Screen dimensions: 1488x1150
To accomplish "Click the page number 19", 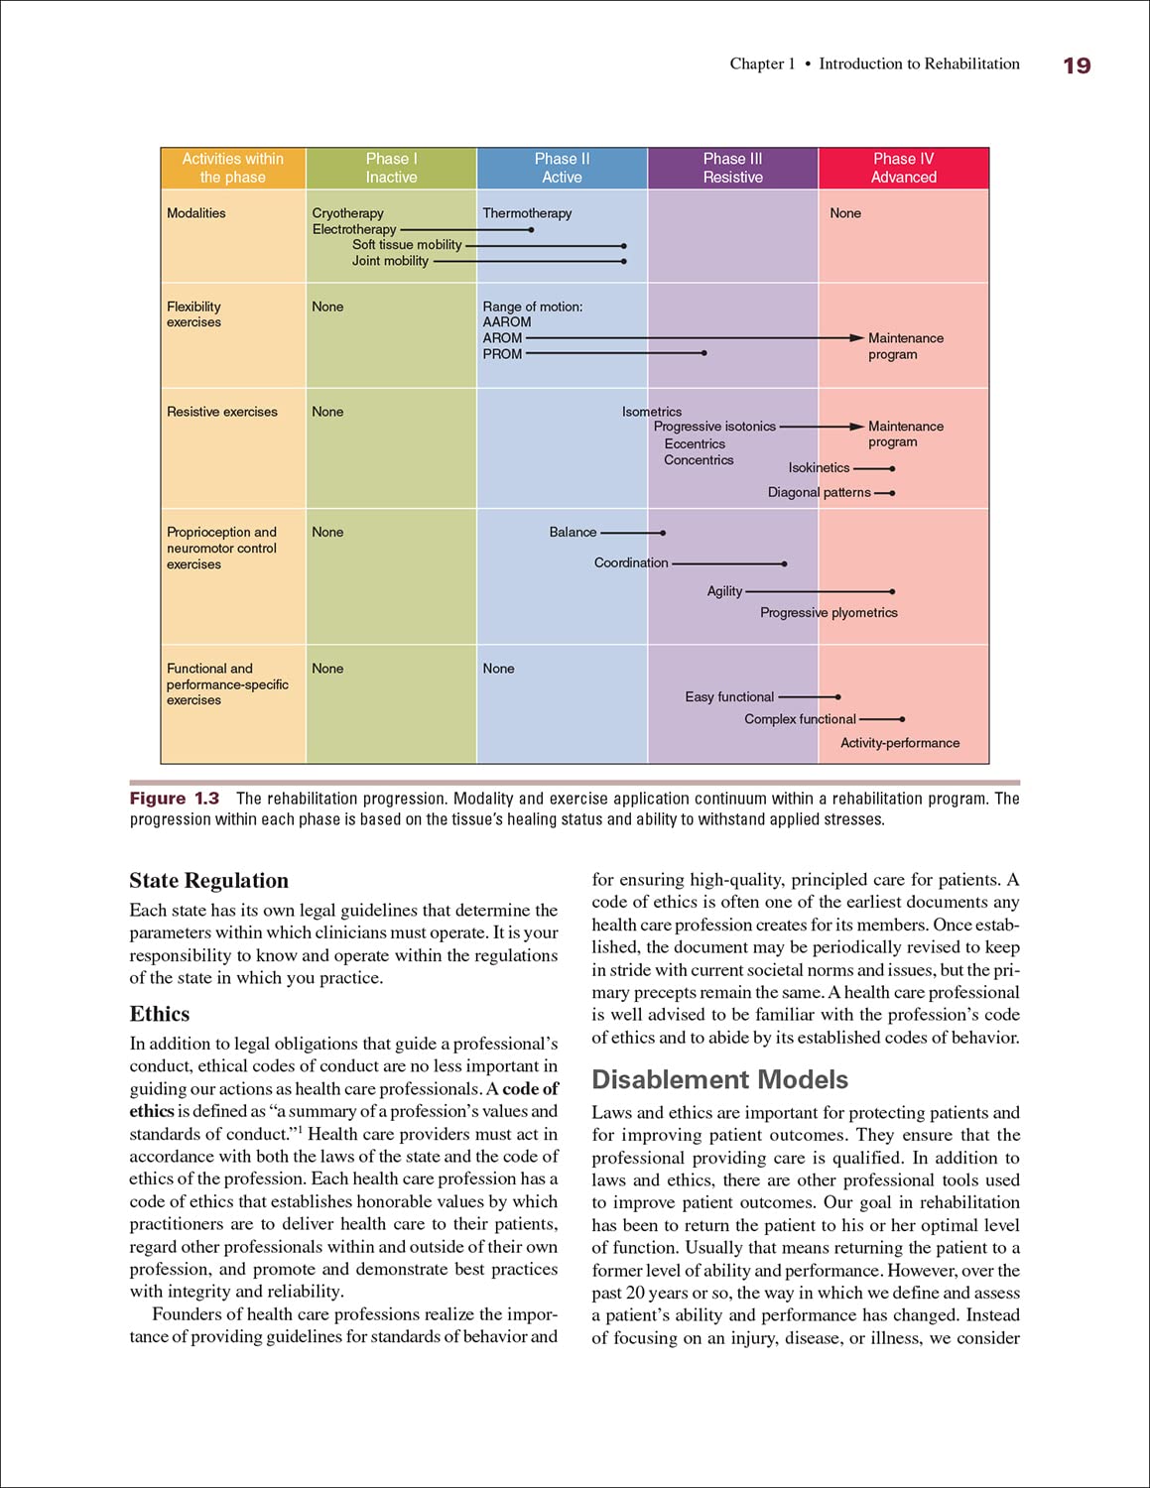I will coord(1077,65).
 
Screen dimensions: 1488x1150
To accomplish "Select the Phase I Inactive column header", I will coord(391,168).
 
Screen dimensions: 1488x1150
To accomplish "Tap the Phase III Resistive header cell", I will coord(732,168).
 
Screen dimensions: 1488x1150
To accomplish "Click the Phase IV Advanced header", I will coord(903,168).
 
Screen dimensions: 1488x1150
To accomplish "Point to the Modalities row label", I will coord(196,213).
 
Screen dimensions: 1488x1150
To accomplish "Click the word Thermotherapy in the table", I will coord(527,213).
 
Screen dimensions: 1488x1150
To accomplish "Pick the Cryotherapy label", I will coord(347,213).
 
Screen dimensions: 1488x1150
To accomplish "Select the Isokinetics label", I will coord(819,468).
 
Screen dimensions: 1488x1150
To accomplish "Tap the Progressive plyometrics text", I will coord(829,613).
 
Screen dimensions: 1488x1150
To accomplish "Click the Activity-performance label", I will coord(900,743).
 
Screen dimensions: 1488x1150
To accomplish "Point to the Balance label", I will coord(573,533).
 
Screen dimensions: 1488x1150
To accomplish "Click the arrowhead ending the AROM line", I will coord(858,338).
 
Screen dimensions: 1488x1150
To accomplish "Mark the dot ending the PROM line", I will coord(704,353).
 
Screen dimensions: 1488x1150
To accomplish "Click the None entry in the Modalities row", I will coord(845,213).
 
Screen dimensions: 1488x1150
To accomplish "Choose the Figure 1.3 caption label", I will coord(175,799).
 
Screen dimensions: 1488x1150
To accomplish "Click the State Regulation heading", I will coord(208,881).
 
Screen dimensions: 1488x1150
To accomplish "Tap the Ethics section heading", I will coord(159,1014).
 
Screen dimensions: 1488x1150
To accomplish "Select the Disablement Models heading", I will coord(719,1079).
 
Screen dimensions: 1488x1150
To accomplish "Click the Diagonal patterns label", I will coord(819,493).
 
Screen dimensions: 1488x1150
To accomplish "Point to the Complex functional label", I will coord(800,719).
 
